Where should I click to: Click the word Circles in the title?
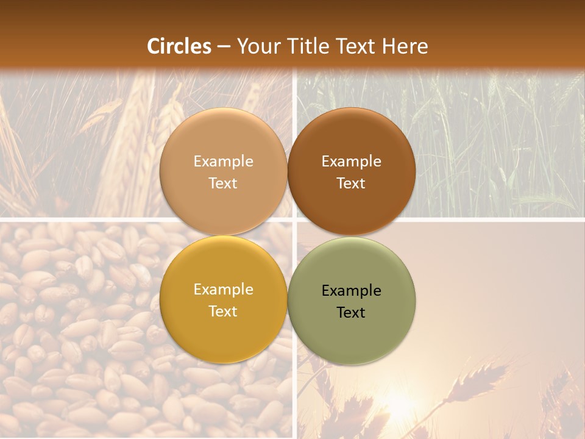pyautogui.click(x=179, y=46)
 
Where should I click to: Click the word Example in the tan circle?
pyautogui.click(x=223, y=162)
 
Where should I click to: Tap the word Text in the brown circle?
pyautogui.click(x=351, y=184)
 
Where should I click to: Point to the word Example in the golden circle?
pyautogui.click(x=223, y=290)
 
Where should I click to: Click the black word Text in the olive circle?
pyautogui.click(x=351, y=313)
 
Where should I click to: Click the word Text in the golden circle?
pyautogui.click(x=223, y=312)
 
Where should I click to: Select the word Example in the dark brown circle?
pyautogui.click(x=351, y=162)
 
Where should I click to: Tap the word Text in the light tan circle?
pyautogui.click(x=223, y=184)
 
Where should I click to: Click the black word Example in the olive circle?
pyautogui.click(x=351, y=291)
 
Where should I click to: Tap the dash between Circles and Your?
pyautogui.click(x=224, y=46)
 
